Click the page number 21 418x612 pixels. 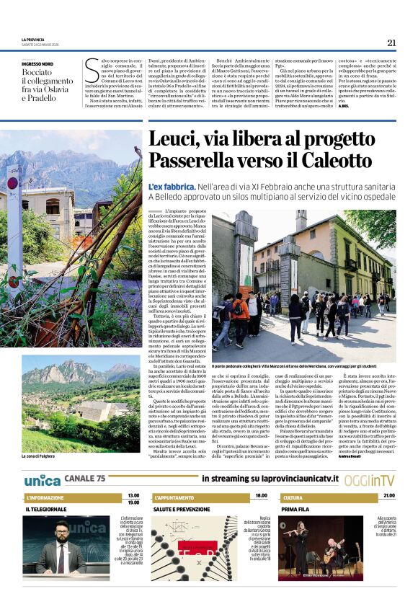pos(391,43)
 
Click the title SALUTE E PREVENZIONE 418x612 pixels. pos(182,509)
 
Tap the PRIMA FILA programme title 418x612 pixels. pos(295,509)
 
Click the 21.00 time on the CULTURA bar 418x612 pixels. pos(389,496)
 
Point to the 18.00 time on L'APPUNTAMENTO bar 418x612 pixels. pos(261,496)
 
